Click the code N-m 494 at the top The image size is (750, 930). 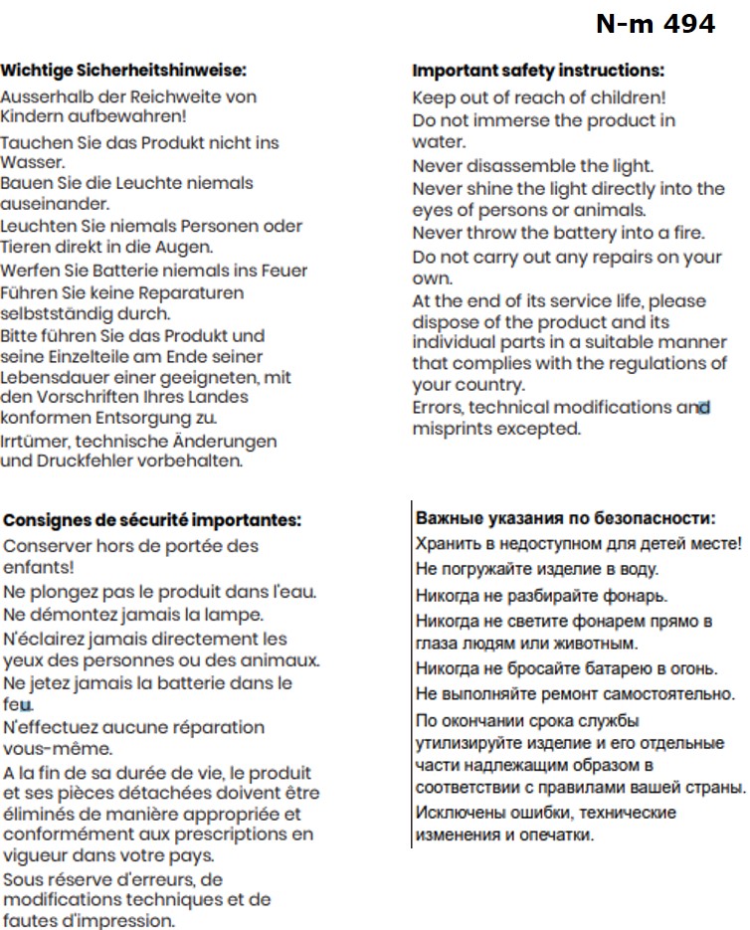[656, 24]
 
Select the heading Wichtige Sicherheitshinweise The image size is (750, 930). [122, 71]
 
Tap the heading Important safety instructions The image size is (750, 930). [538, 71]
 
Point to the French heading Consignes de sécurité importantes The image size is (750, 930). [152, 520]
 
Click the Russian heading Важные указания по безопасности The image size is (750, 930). [565, 518]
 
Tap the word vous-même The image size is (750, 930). [58, 749]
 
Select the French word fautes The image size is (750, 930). [27, 920]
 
